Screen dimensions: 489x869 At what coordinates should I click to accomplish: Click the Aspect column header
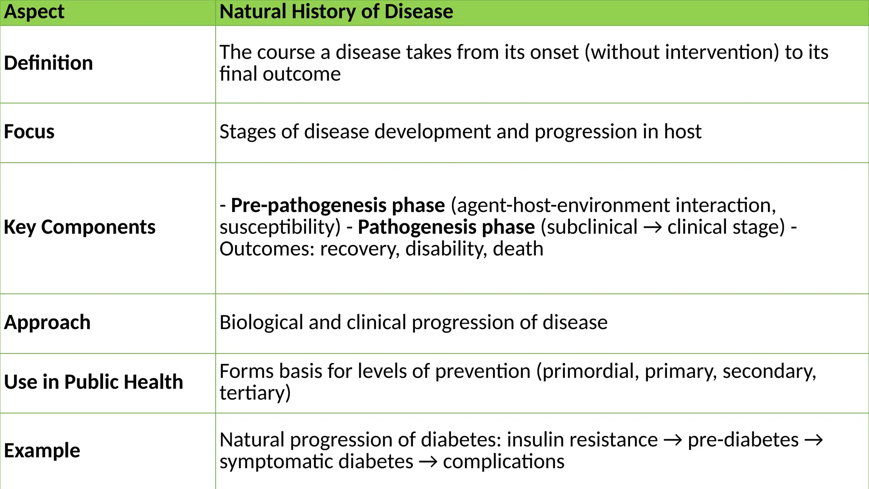pos(34,12)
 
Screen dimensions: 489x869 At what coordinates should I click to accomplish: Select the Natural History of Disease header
pos(336,12)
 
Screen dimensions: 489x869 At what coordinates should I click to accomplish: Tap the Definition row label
pos(48,63)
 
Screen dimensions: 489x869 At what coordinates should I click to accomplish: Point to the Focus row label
pos(29,132)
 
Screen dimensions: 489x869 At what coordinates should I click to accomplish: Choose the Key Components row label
pos(80,227)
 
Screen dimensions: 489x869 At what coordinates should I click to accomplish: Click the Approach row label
pos(47,323)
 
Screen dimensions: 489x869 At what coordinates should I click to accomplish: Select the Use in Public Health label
pos(93,382)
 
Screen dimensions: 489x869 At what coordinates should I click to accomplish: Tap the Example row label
pos(42,450)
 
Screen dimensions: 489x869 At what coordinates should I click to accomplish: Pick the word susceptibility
pos(280,228)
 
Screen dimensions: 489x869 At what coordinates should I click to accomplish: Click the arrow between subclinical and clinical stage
pos(652,228)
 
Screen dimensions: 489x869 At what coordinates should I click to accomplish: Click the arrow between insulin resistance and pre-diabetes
pos(673,440)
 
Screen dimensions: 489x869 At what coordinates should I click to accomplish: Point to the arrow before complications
pos(428,462)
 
